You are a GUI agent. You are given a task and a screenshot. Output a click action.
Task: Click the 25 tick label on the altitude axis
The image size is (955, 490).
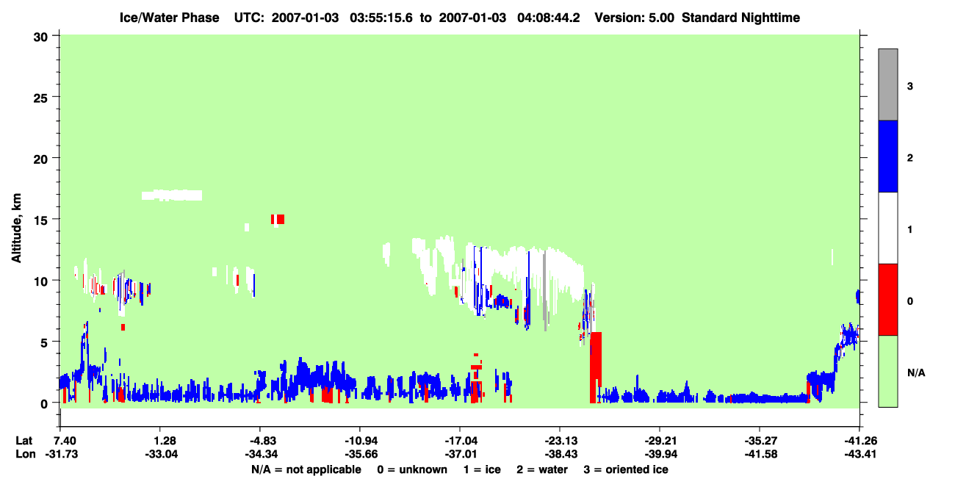[x=40, y=98]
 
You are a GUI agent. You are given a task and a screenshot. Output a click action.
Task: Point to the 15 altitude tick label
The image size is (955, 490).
[x=40, y=220]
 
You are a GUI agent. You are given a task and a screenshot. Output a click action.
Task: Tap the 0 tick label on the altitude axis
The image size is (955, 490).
[x=44, y=404]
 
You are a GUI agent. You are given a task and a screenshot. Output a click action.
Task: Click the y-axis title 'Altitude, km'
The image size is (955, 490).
[x=16, y=228]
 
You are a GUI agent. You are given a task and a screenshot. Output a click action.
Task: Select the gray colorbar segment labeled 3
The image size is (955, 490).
[x=887, y=84]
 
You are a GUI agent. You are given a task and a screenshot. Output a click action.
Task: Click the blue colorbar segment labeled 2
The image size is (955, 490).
[x=887, y=156]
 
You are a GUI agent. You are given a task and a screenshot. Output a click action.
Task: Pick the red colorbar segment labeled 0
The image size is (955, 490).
[x=887, y=300]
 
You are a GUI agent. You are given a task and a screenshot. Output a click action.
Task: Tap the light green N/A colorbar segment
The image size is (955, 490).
[x=887, y=371]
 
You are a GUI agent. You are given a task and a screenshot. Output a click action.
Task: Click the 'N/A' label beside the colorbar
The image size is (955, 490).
[x=916, y=373]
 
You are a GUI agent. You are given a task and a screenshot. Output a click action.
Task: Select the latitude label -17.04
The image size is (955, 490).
[x=461, y=441]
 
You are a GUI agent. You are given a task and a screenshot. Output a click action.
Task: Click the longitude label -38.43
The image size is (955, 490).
[x=561, y=454]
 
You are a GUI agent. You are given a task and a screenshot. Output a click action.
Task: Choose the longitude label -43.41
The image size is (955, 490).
[x=860, y=454]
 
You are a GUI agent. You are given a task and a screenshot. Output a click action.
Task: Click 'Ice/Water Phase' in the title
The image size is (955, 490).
[x=169, y=18]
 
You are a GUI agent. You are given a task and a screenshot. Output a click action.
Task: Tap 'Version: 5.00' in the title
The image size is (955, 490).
[x=635, y=18]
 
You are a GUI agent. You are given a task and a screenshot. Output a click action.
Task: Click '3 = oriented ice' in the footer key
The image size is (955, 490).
[x=626, y=469]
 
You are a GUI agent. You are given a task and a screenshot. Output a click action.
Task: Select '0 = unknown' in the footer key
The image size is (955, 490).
[x=412, y=469]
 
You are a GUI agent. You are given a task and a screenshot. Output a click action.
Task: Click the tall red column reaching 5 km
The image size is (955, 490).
[x=596, y=367]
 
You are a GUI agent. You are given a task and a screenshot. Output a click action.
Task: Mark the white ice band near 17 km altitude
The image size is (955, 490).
[x=172, y=195]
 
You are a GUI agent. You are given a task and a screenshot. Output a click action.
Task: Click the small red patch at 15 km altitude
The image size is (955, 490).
[x=278, y=219]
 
